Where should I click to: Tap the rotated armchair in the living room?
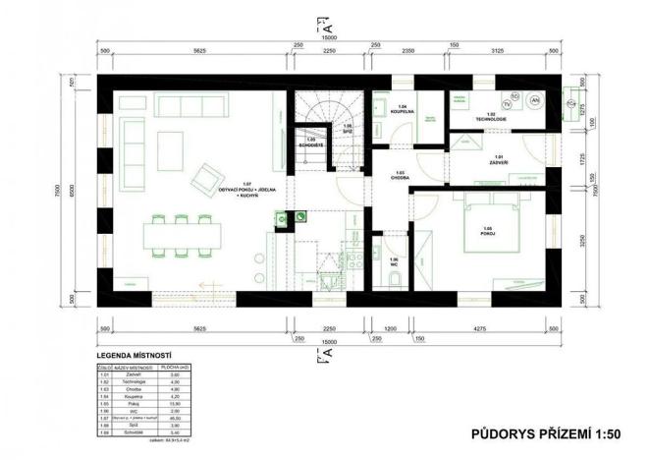[x=206, y=177]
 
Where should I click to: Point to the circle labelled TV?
[x=508, y=101]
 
